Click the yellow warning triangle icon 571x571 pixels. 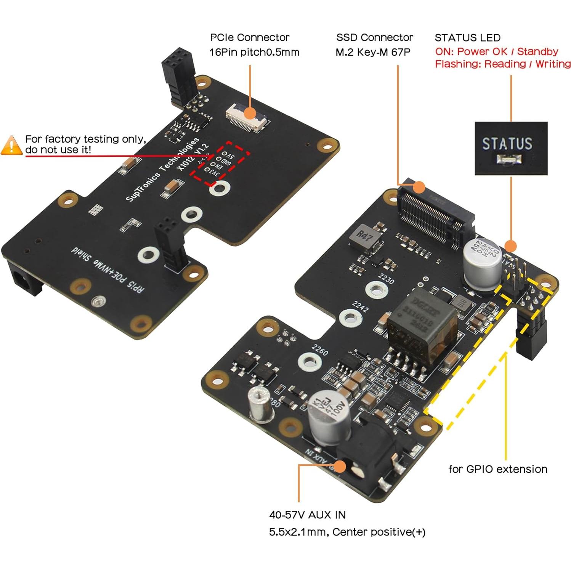[11, 146]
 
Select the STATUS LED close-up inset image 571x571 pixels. [510, 148]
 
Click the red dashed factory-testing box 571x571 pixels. [220, 163]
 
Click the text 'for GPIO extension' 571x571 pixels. [497, 469]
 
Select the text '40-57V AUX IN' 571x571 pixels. [307, 515]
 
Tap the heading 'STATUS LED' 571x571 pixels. [467, 38]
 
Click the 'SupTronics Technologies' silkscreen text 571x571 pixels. [162, 170]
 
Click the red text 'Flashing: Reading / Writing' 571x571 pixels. [502, 64]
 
